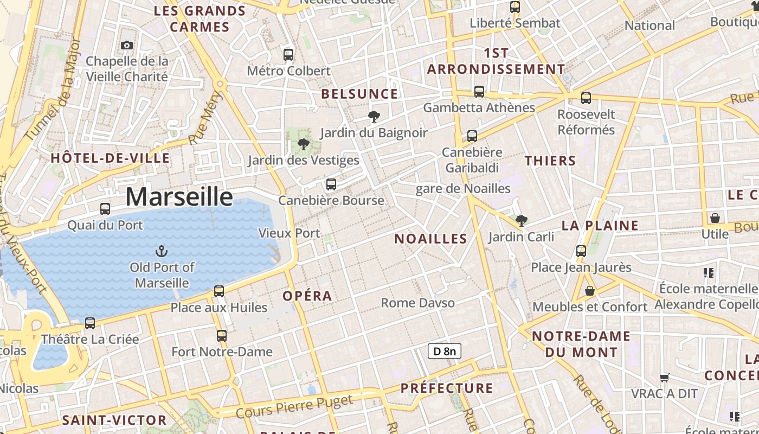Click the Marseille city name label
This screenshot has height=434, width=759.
[x=179, y=196]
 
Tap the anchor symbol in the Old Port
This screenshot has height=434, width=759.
[x=161, y=251]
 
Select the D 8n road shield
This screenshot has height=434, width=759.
[x=445, y=351]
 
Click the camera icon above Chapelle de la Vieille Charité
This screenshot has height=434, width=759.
[x=127, y=45]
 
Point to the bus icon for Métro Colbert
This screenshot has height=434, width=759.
[x=288, y=54]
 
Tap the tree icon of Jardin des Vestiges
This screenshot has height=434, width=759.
[x=304, y=144]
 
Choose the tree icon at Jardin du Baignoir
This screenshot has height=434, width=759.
[x=374, y=116]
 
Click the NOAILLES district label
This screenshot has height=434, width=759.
[x=430, y=239]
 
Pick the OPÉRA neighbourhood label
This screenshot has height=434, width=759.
[x=307, y=296]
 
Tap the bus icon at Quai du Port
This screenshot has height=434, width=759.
[x=105, y=209]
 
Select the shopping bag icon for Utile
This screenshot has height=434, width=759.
[x=715, y=218]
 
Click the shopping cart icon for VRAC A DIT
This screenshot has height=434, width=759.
[x=664, y=377]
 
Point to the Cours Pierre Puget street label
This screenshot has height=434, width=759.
[x=294, y=406]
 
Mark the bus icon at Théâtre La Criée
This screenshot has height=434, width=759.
[x=90, y=323]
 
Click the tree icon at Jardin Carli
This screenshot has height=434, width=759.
[x=521, y=221]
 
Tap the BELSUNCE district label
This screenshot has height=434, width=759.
[x=359, y=94]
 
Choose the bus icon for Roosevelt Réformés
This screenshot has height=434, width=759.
[x=586, y=98]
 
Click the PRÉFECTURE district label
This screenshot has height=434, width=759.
[x=447, y=388]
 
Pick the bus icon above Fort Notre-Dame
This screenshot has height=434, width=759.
[x=221, y=336]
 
